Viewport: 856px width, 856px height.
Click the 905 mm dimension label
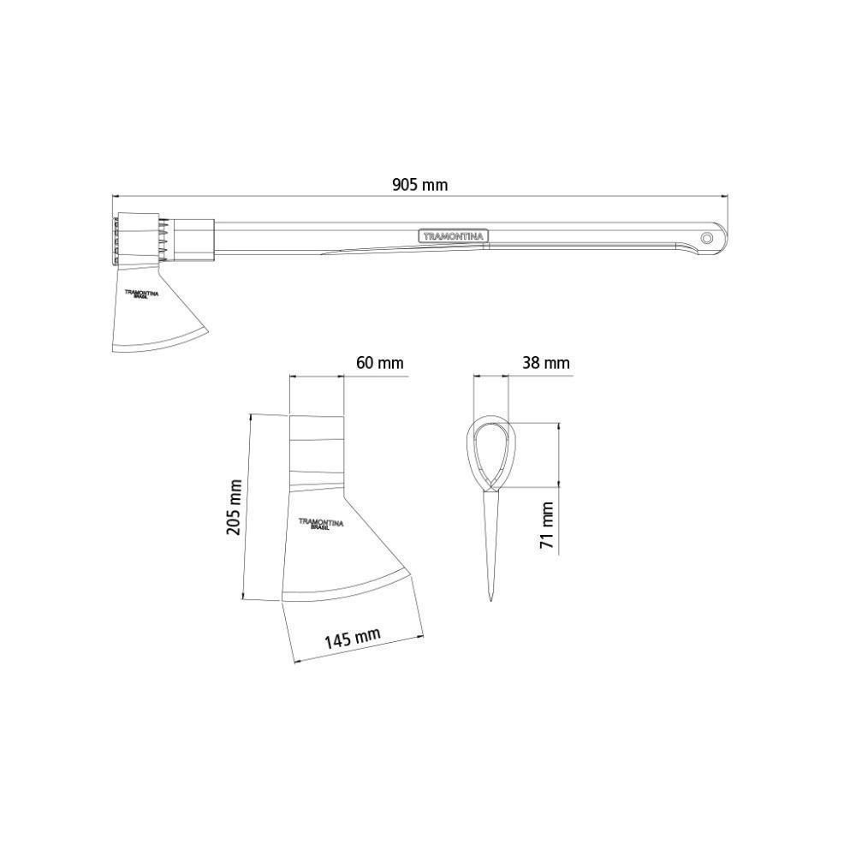[419, 184]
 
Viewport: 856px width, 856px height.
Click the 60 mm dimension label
[379, 363]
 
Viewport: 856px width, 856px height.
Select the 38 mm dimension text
[545, 363]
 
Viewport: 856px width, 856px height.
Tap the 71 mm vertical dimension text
[548, 525]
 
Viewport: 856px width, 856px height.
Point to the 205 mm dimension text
[234, 507]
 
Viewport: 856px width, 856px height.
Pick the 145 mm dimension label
[352, 638]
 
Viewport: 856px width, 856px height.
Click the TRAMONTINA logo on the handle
[452, 235]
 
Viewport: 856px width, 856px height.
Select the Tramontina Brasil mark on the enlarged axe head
[320, 523]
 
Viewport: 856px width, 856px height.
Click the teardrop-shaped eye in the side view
[490, 454]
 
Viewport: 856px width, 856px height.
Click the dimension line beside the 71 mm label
[560, 488]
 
